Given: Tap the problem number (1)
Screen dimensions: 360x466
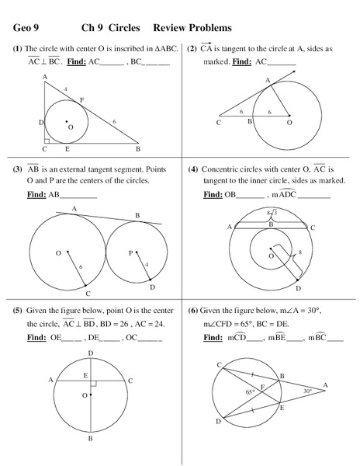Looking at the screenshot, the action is [x=18, y=48].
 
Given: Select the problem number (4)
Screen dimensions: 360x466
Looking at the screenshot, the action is [x=192, y=169].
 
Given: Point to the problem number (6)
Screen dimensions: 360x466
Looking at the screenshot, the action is [x=192, y=309].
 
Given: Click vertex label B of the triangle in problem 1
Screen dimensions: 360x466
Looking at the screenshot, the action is [x=137, y=148].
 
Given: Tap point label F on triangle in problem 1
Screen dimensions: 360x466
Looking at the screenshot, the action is [x=81, y=100].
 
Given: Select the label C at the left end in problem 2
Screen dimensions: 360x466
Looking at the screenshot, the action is [x=220, y=123].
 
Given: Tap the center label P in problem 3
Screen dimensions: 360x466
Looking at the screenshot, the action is [x=131, y=252].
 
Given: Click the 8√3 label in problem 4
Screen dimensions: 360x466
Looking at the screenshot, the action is [x=272, y=212].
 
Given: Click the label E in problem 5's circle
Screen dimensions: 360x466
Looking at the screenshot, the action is [x=85, y=375].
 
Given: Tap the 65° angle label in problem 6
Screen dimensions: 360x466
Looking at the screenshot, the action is [x=250, y=393].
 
